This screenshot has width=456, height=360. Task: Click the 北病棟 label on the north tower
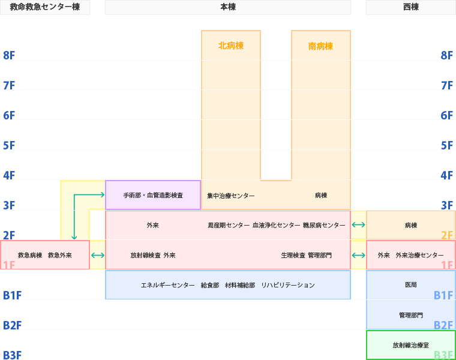click(x=231, y=46)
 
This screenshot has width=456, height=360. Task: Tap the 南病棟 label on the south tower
click(x=320, y=46)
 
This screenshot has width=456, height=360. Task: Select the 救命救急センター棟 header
click(x=45, y=7)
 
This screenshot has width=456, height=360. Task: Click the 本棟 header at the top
click(x=228, y=7)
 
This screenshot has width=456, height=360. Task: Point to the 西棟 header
click(x=411, y=7)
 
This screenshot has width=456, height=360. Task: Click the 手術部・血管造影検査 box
click(x=153, y=196)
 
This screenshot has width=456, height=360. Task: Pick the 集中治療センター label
click(x=231, y=196)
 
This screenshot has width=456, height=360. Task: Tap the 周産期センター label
click(x=229, y=225)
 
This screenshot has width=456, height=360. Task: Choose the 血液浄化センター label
click(x=277, y=225)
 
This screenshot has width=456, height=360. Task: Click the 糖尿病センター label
click(x=324, y=225)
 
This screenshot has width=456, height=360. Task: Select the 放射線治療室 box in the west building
click(x=411, y=345)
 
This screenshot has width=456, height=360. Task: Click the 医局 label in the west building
click(x=411, y=285)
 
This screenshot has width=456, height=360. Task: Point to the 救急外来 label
click(x=60, y=255)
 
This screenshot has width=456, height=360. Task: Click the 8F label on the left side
click(x=9, y=55)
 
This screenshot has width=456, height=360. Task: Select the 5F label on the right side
click(x=447, y=145)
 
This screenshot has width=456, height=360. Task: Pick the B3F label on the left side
click(x=12, y=355)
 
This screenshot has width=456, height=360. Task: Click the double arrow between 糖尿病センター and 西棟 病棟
click(x=358, y=225)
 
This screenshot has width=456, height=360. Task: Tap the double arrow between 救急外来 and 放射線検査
click(x=97, y=255)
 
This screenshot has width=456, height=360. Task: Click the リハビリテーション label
click(x=288, y=285)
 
